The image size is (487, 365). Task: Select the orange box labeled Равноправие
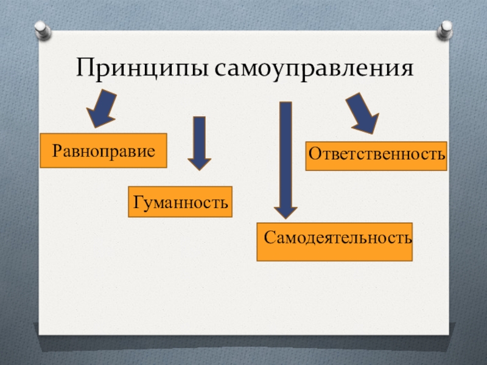coord(103,150)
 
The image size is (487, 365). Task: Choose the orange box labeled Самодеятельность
coord(335,242)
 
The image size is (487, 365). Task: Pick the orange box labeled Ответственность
coord(376,156)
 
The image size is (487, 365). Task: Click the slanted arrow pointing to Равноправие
coord(102,108)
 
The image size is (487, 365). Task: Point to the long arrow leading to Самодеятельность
coord(285,158)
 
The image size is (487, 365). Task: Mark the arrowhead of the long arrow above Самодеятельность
coord(285,209)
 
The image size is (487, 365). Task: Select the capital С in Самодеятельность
coord(270,235)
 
